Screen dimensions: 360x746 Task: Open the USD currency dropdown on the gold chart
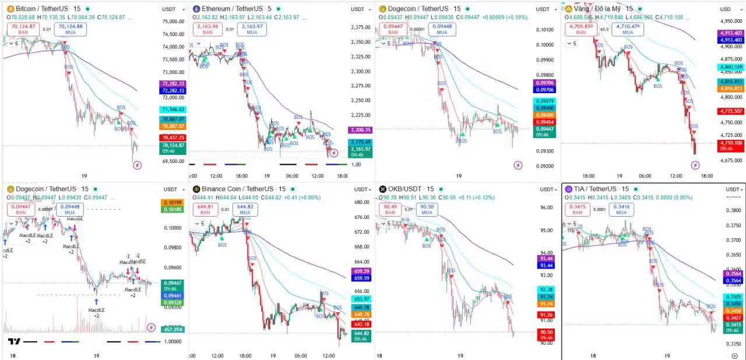(727, 9)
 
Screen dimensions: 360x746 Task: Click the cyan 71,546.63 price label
(173, 110)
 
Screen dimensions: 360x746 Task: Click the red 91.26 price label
(546, 315)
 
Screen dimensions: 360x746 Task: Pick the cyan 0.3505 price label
(733, 297)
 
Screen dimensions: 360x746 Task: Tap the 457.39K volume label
(173, 329)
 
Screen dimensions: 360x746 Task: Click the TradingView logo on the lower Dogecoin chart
(15, 341)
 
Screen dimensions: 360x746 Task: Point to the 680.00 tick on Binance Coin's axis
(361, 202)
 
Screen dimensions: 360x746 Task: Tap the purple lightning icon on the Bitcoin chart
(138, 165)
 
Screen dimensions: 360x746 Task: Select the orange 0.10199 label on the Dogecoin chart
(173, 202)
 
